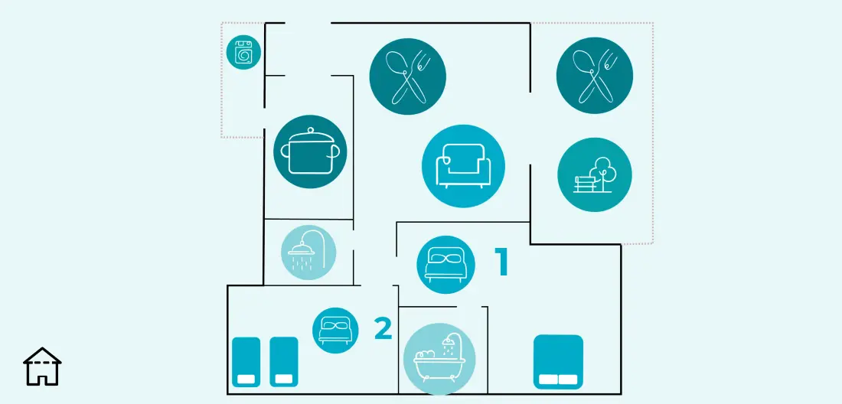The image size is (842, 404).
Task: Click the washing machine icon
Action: coord(243,53)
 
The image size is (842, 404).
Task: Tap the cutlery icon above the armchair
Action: coord(407,77)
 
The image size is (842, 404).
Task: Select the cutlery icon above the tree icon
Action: coord(595,76)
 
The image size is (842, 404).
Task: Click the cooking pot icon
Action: coord(310,151)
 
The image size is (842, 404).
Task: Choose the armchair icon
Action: coord(463,166)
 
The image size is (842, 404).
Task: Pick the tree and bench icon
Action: coord(595,175)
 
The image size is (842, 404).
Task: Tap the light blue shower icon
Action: coord(308,252)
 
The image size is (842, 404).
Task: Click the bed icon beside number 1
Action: coord(445,265)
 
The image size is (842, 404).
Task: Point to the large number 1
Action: coord(501,262)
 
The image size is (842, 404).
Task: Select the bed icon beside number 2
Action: coord(335,331)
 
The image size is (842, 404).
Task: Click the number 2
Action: coord(383,328)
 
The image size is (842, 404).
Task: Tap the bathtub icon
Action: coord(439,359)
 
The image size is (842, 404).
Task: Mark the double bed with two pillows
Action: coord(558,362)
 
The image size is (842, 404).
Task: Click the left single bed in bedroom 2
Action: coord(246,362)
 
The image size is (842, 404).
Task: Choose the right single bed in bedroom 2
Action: coord(283,362)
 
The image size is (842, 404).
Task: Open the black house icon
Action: coord(42,367)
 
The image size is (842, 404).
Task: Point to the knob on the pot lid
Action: coord(309,130)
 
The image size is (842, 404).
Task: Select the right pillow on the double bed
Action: coord(568,380)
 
